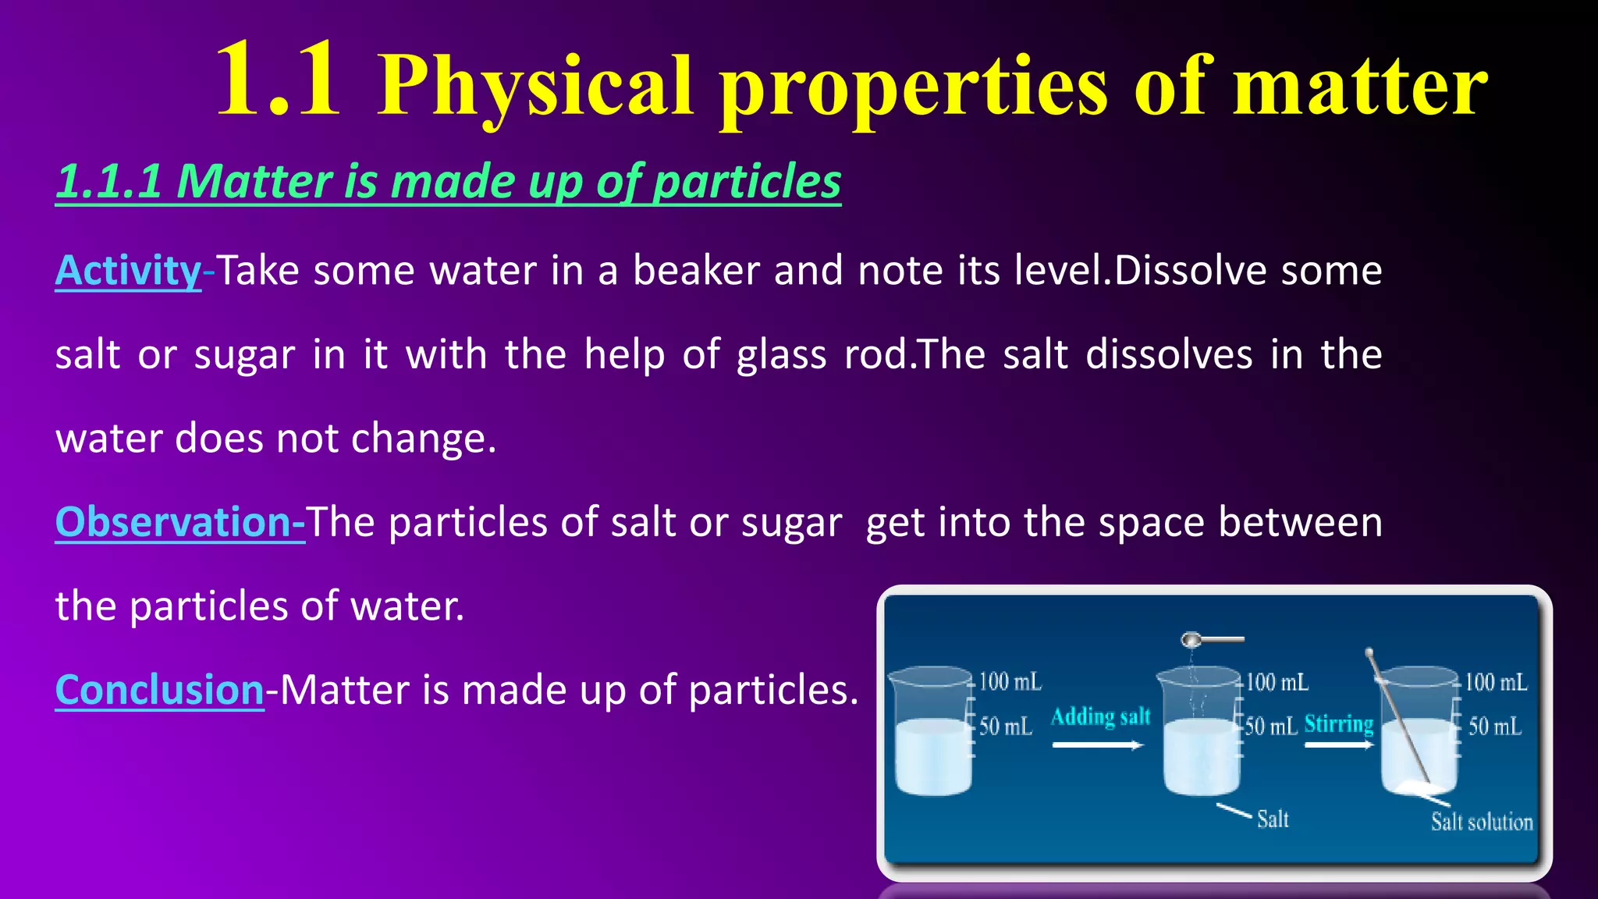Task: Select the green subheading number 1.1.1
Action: coord(109,182)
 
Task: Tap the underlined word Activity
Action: coord(129,271)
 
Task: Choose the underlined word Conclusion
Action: coord(160,691)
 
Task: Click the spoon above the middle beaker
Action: coord(1209,640)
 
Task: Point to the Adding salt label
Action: coord(1100,716)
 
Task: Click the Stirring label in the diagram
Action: coord(1338,724)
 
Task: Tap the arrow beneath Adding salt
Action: coord(1097,745)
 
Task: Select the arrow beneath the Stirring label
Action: coord(1338,745)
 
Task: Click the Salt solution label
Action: coord(1481,822)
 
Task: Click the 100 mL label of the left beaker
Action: coord(1010,681)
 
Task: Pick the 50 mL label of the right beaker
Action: coord(1494,727)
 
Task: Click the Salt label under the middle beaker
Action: coord(1273,819)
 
